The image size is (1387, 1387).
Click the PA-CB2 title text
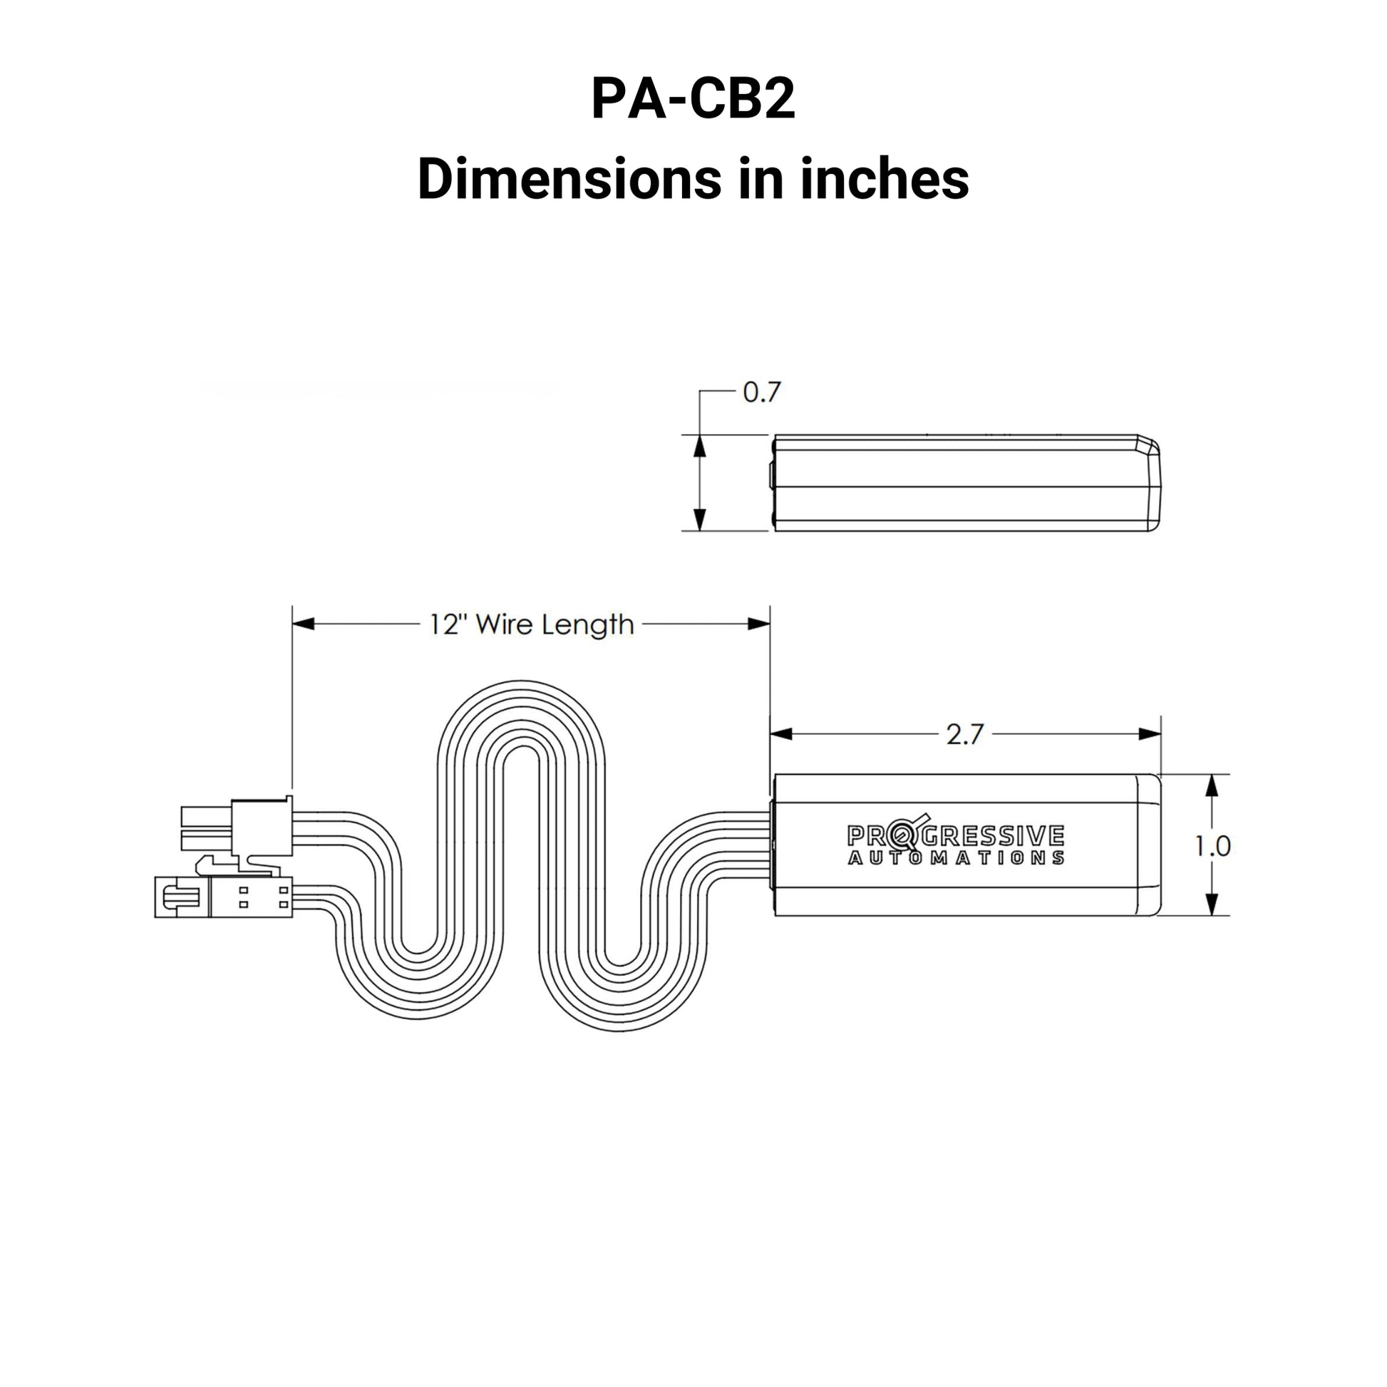click(693, 100)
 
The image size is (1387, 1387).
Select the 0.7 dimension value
click(761, 393)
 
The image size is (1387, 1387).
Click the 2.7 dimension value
click(964, 734)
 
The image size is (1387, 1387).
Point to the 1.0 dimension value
click(1212, 847)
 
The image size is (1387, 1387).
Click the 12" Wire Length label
click(531, 624)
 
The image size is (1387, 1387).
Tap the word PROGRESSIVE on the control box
click(956, 835)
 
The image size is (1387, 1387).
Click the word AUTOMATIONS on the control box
click(956, 859)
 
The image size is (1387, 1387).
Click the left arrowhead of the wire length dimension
click(304, 624)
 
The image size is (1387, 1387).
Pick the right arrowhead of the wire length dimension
click(759, 624)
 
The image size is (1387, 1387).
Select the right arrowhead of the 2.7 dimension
click(1150, 733)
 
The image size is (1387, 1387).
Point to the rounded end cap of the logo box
click(1149, 845)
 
